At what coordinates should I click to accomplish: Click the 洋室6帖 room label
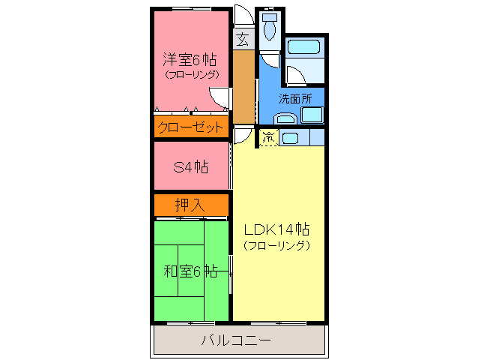[190, 59]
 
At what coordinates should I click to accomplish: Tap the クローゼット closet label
[190, 127]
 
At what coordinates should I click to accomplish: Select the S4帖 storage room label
[190, 166]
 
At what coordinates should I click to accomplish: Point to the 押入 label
[190, 204]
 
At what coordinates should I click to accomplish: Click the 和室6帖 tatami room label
[190, 271]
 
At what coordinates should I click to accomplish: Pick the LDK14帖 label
[276, 229]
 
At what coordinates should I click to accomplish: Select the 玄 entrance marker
[243, 39]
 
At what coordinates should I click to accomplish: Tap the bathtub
[306, 48]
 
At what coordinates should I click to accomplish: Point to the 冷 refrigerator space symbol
[267, 136]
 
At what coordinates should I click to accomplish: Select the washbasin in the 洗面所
[284, 117]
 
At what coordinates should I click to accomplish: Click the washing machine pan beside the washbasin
[311, 115]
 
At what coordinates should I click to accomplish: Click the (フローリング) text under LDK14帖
[276, 245]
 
